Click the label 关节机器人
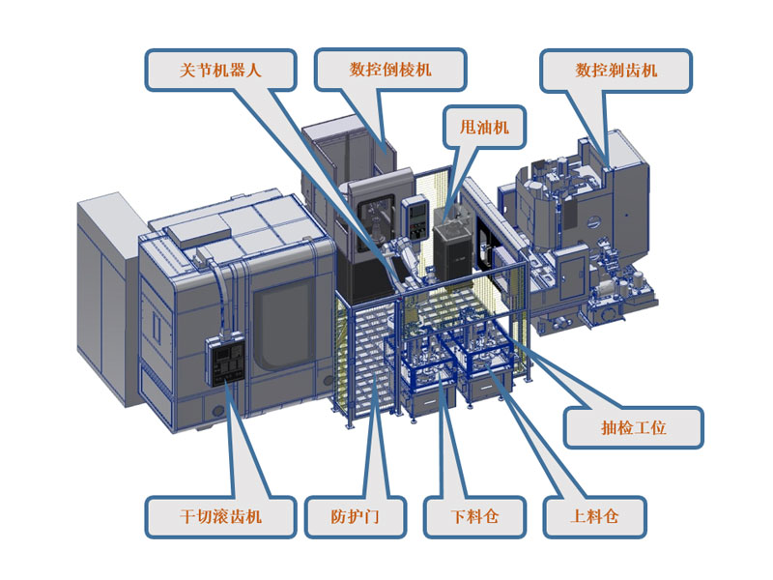click(220, 70)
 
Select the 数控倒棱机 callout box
click(390, 70)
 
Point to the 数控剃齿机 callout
click(616, 70)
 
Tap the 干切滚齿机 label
click(220, 517)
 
